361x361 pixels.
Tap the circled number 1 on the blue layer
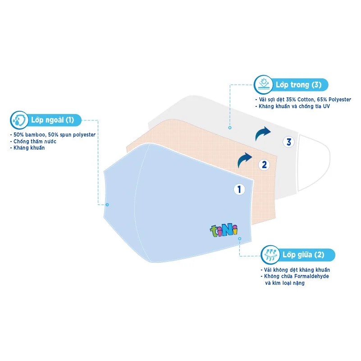[239, 189]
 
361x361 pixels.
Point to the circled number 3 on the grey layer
[289, 142]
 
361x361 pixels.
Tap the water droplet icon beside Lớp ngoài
[18, 120]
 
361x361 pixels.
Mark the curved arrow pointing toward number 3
[263, 133]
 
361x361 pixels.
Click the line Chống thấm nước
[32, 141]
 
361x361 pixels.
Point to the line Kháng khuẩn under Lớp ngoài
[27, 148]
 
